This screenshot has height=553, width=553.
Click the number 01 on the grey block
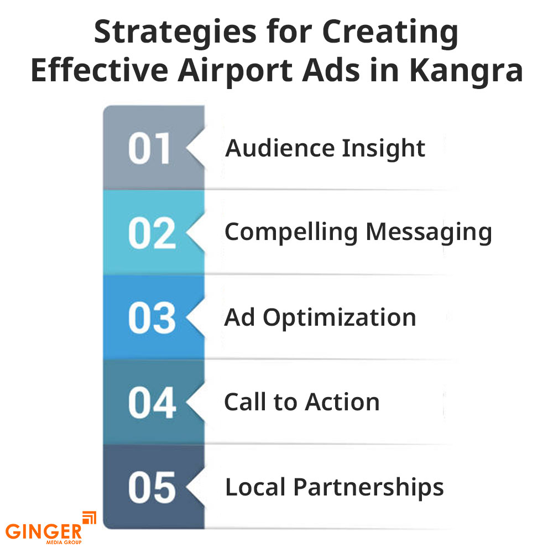coord(149,148)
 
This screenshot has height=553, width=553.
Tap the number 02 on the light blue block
coord(152,233)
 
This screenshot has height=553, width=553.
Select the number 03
coord(152,318)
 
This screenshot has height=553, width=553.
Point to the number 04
coord(152,403)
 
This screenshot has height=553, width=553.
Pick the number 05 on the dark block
coord(152,487)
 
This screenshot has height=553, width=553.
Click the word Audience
coord(280,148)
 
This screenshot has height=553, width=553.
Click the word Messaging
coord(429,233)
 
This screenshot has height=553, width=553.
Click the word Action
coord(342,402)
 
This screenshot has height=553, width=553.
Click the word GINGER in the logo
coord(43,531)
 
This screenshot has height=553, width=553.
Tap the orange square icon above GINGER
coord(89,518)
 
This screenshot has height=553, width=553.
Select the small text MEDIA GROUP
coord(64,542)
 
